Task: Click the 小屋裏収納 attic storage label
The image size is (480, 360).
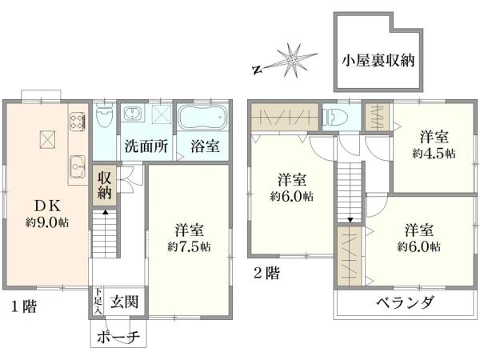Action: [378, 60]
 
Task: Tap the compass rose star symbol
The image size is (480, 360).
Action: [292, 61]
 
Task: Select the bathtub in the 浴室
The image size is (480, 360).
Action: [202, 118]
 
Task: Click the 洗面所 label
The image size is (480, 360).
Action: [146, 146]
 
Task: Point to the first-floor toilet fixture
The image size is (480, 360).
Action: [104, 115]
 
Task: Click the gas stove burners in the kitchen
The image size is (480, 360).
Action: [77, 122]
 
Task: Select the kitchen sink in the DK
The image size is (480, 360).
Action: [78, 166]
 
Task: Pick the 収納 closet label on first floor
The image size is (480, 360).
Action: [104, 186]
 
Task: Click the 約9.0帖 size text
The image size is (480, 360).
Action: [47, 222]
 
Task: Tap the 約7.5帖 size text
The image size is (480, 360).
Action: [189, 246]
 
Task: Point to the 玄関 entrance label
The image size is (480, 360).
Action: [124, 302]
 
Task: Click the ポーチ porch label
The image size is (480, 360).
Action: [118, 338]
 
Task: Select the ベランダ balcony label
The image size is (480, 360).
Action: [405, 303]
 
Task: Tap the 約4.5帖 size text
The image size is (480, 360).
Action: [434, 153]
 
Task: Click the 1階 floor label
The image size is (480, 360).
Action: [24, 306]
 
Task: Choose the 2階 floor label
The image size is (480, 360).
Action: [266, 273]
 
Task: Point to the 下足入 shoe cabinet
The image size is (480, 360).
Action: [98, 302]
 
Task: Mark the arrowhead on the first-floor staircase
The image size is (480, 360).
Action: [105, 211]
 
